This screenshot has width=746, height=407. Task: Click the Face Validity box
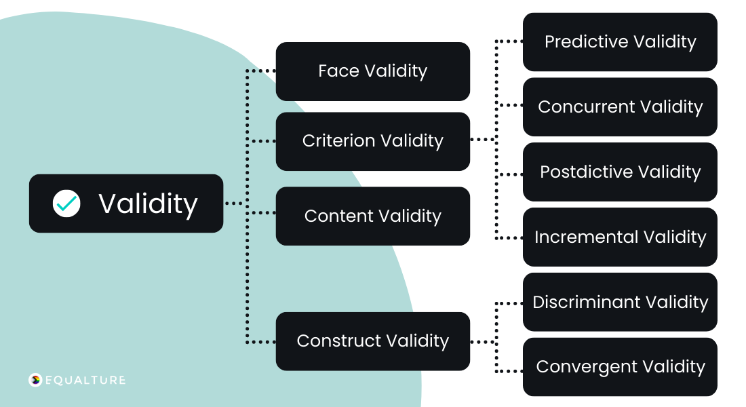click(x=372, y=71)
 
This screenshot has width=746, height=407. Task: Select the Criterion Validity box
click(x=372, y=141)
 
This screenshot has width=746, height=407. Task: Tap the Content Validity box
click(x=372, y=216)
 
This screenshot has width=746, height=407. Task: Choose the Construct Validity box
click(x=372, y=341)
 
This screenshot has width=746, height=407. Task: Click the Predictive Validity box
click(x=620, y=42)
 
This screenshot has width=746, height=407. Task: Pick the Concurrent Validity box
click(x=620, y=107)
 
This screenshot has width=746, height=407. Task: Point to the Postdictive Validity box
click(x=620, y=172)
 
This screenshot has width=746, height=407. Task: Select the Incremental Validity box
click(x=620, y=237)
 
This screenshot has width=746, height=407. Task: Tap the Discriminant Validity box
click(x=620, y=303)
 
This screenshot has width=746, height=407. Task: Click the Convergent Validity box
click(x=620, y=367)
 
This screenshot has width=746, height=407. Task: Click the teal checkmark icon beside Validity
click(x=66, y=203)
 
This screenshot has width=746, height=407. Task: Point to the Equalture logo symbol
click(x=35, y=380)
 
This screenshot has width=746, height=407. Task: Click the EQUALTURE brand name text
click(x=85, y=380)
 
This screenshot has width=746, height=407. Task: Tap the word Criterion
click(x=338, y=141)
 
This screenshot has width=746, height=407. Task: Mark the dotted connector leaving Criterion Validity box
click(x=483, y=140)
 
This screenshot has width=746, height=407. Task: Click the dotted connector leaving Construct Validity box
click(x=483, y=341)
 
